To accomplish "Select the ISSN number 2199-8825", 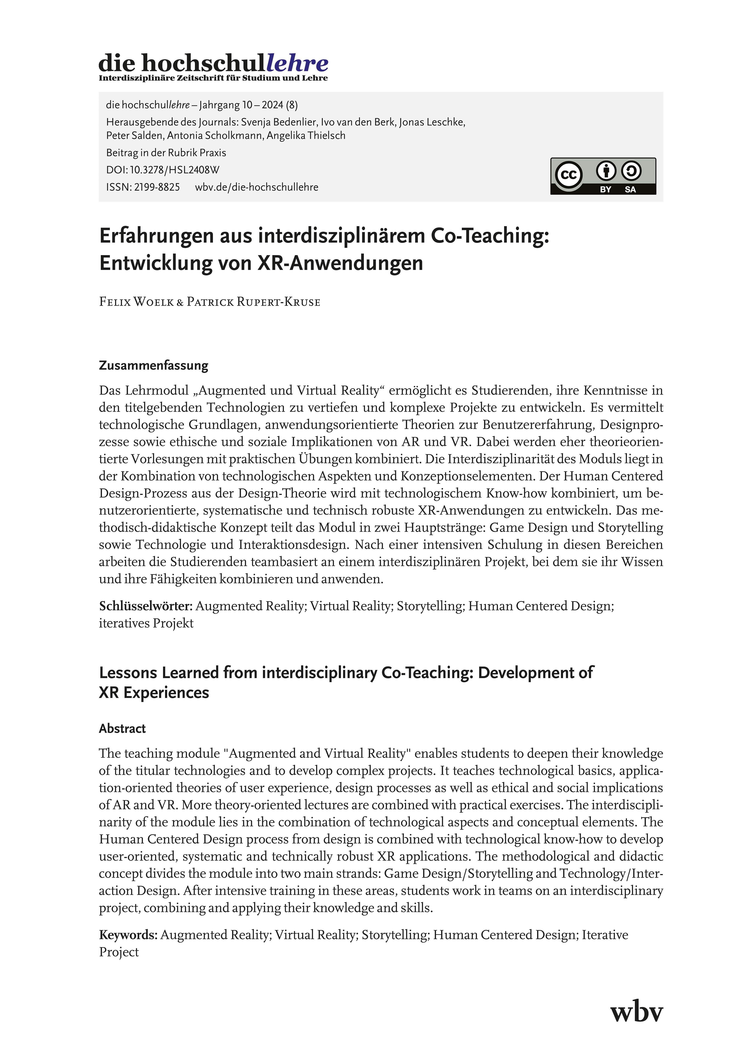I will tap(157, 187).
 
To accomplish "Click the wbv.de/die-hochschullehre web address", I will tap(257, 187).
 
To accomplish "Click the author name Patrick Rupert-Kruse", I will tap(253, 302).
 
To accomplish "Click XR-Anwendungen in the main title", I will tap(340, 263).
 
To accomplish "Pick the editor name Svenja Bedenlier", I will tap(279, 122).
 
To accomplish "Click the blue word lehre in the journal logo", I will tap(297, 63).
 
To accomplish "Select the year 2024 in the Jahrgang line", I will tap(273, 105).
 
